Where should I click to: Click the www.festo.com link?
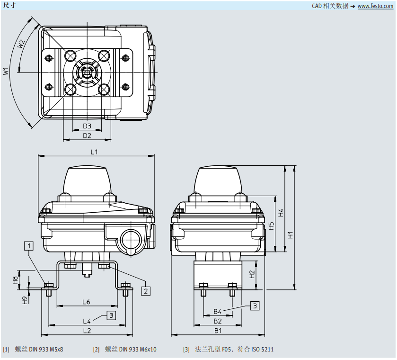(x=376, y=6)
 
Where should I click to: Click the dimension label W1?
(x=6, y=72)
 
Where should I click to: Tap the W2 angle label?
(x=21, y=44)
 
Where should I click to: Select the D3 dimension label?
(x=87, y=126)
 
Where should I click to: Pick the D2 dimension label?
(x=87, y=135)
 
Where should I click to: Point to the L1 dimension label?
(x=94, y=152)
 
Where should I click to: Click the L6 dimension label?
(x=86, y=302)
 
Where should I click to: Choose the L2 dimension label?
(x=87, y=330)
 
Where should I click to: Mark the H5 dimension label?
(x=271, y=226)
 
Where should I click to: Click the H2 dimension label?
(x=252, y=273)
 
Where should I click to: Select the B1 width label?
(x=218, y=330)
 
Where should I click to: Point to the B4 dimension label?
(x=218, y=311)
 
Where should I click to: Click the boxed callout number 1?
(x=29, y=245)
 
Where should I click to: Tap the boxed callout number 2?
(x=146, y=291)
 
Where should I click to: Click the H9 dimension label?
(x=25, y=300)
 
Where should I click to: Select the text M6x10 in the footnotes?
(x=147, y=350)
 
